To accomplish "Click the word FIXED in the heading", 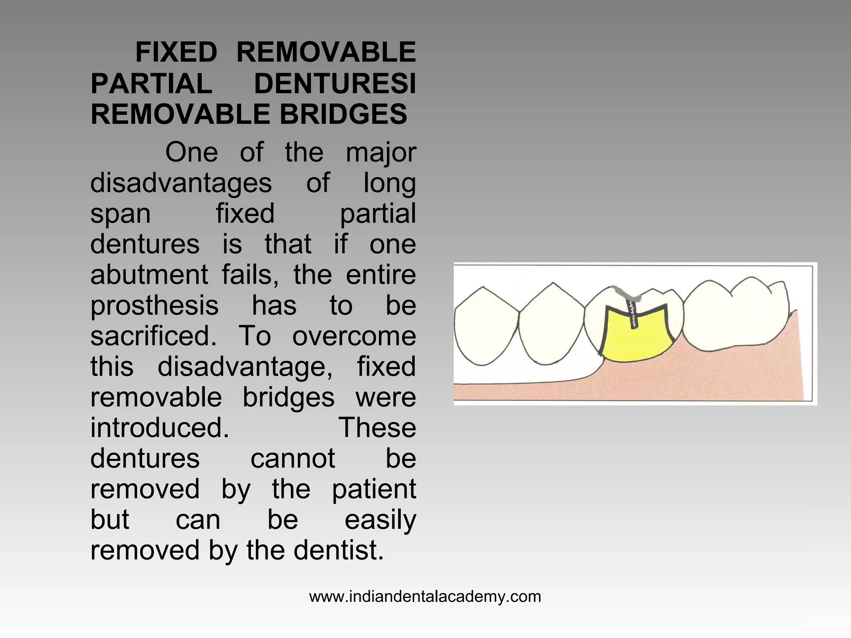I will (x=176, y=53).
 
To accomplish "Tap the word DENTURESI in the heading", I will (x=334, y=83).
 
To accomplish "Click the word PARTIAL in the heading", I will (x=151, y=83).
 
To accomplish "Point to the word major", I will (x=381, y=152).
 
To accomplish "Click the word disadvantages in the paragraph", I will (x=181, y=183).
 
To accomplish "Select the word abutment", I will (x=149, y=275).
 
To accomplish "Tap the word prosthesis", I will (x=154, y=306).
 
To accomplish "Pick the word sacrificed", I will (x=153, y=336).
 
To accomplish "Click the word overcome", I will (x=354, y=336).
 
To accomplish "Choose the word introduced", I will (x=160, y=428).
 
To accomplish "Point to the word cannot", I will (x=293, y=459).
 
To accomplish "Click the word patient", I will (x=374, y=489).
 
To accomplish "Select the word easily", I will (x=380, y=520).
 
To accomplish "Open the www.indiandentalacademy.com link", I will (x=425, y=596).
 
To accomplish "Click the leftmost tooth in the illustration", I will (x=486, y=326).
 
